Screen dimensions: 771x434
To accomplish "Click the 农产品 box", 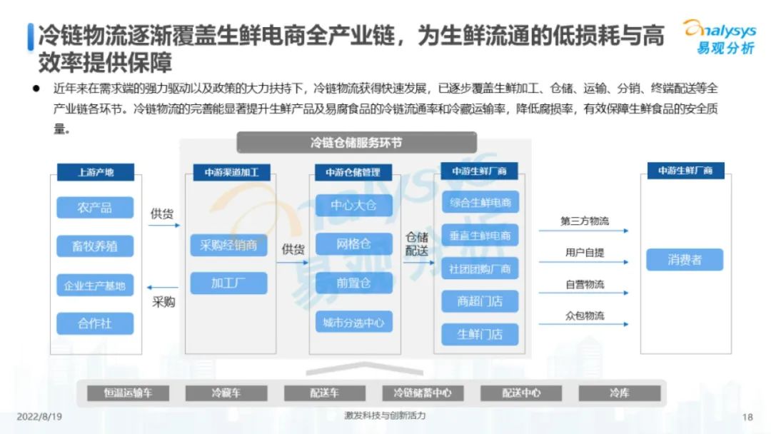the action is (95, 208).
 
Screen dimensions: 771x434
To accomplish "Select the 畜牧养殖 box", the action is (95, 246).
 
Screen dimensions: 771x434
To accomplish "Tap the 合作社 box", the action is (95, 323).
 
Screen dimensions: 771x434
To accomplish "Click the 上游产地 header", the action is (96, 172).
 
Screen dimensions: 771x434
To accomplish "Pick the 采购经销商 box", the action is (228, 245).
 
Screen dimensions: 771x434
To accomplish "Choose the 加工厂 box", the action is (228, 283).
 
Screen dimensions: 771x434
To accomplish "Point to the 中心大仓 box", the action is (354, 205).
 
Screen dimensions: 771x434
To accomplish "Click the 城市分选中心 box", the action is (354, 323).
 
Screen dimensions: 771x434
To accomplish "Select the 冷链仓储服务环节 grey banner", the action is (356, 143).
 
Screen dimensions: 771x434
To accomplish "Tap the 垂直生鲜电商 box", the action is (480, 236).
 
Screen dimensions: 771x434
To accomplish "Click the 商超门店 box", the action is (480, 301).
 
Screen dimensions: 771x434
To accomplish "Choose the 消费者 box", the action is (685, 260).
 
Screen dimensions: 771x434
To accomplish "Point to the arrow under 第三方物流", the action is (584, 231).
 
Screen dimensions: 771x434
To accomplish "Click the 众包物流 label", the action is (585, 316).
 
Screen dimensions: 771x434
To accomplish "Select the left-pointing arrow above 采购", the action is (162, 288).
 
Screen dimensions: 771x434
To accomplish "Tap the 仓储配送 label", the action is (416, 244).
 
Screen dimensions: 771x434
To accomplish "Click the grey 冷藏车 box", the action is (226, 393).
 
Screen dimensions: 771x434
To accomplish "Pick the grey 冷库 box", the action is (620, 393).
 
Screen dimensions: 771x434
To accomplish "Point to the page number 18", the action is (747, 418).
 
